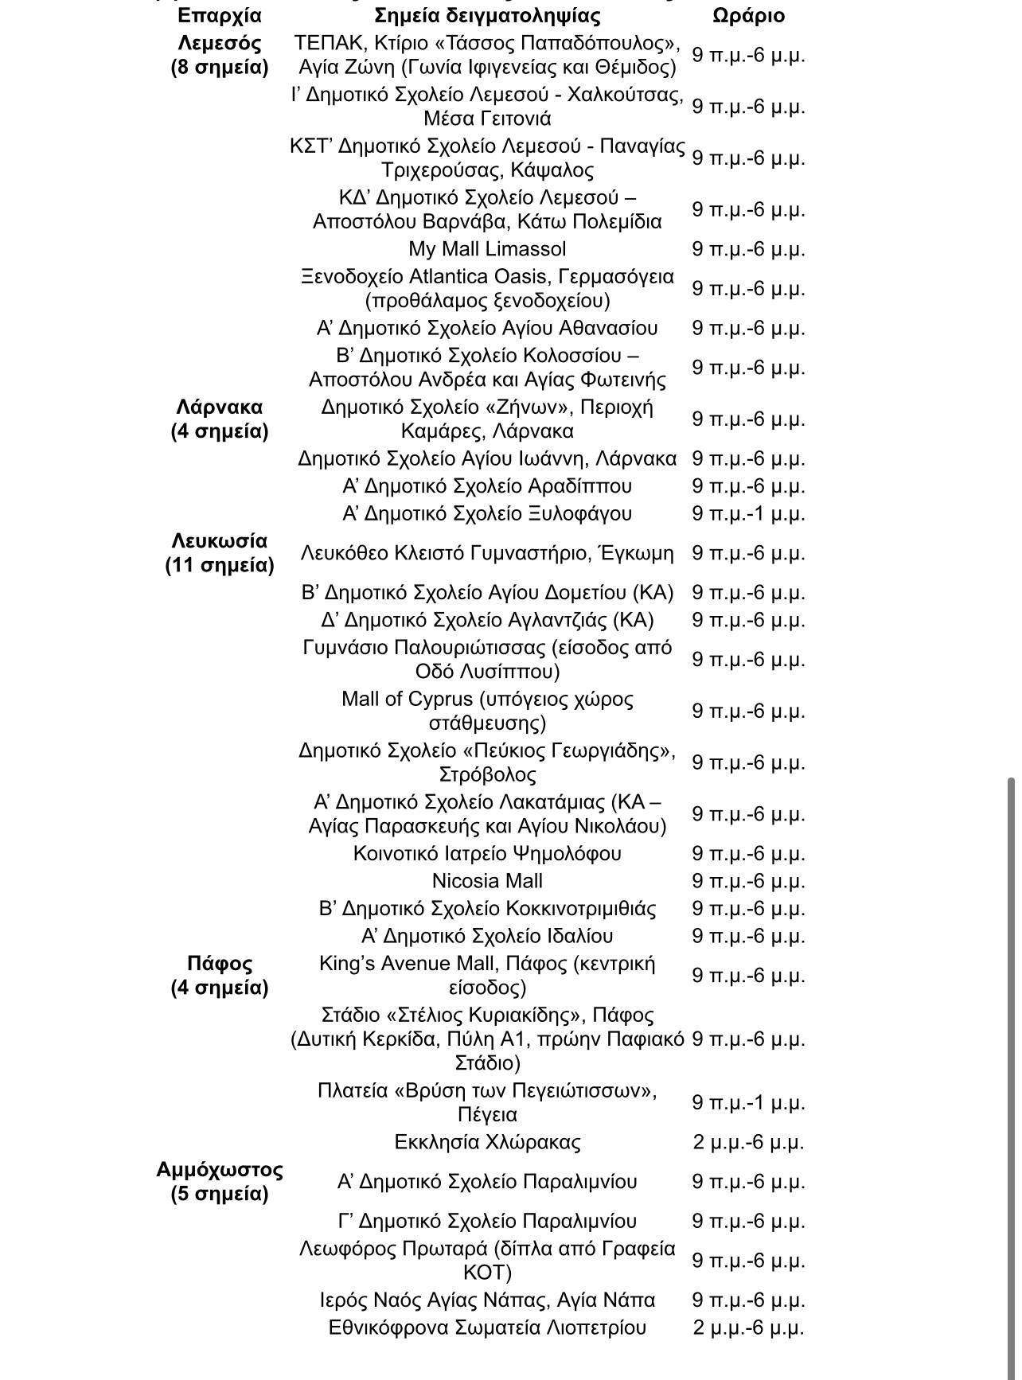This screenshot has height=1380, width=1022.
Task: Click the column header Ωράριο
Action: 748,15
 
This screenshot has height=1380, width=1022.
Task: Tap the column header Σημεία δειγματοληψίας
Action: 487,15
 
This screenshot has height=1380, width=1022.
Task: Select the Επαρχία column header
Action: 220,15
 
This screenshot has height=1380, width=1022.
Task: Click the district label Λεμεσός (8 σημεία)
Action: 220,54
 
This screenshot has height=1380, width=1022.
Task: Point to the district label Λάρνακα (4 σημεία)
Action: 220,419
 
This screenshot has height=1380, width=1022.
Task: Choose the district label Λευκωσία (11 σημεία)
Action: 220,552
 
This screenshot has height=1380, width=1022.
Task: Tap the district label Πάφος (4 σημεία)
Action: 220,975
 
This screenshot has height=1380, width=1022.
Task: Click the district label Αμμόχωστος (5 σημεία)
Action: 220,1181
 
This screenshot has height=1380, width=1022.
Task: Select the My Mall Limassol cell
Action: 487,249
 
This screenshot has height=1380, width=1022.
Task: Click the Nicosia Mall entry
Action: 487,881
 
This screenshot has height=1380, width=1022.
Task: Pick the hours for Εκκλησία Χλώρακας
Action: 748,1142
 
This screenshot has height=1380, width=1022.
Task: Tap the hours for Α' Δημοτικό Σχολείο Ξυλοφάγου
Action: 748,513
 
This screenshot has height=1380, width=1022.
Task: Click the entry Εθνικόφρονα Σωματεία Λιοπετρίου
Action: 487,1327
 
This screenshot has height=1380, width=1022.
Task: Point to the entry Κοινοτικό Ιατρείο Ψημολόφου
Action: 487,854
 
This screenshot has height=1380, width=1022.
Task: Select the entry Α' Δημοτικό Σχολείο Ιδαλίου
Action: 487,936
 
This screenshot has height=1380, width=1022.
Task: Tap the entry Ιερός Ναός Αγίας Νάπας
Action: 487,1300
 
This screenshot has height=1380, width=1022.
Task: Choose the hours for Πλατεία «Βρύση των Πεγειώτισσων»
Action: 748,1102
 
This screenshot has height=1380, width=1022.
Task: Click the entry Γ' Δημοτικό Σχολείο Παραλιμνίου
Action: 487,1221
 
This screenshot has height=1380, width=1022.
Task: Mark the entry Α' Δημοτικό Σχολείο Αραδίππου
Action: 487,486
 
